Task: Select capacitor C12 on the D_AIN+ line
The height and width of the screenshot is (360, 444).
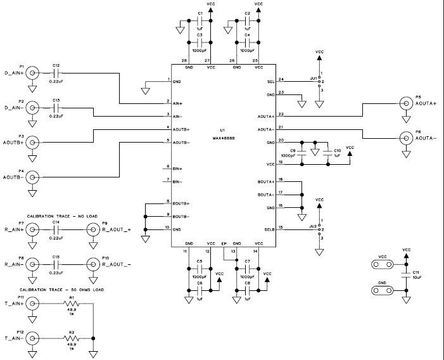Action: [56, 73]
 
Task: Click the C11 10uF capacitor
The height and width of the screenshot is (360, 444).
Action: [405, 276]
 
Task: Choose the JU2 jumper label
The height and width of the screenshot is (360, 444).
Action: [312, 226]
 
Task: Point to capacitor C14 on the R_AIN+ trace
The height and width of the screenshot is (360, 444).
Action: [56, 230]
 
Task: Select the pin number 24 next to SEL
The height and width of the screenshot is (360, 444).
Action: [281, 80]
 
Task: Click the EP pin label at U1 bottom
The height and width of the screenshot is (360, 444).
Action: [223, 243]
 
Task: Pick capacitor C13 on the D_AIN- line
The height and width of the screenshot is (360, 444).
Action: [56, 107]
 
